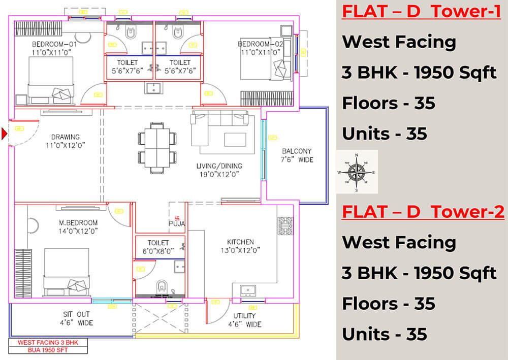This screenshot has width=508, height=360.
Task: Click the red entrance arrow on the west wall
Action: pos(5,134)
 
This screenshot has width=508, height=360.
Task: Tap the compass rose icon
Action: pos(357,172)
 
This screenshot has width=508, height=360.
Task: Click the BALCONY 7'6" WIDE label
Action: pos(297,155)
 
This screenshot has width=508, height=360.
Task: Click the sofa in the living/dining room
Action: pos(223,129)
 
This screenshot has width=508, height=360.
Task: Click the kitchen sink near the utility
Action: pos(248,290)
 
